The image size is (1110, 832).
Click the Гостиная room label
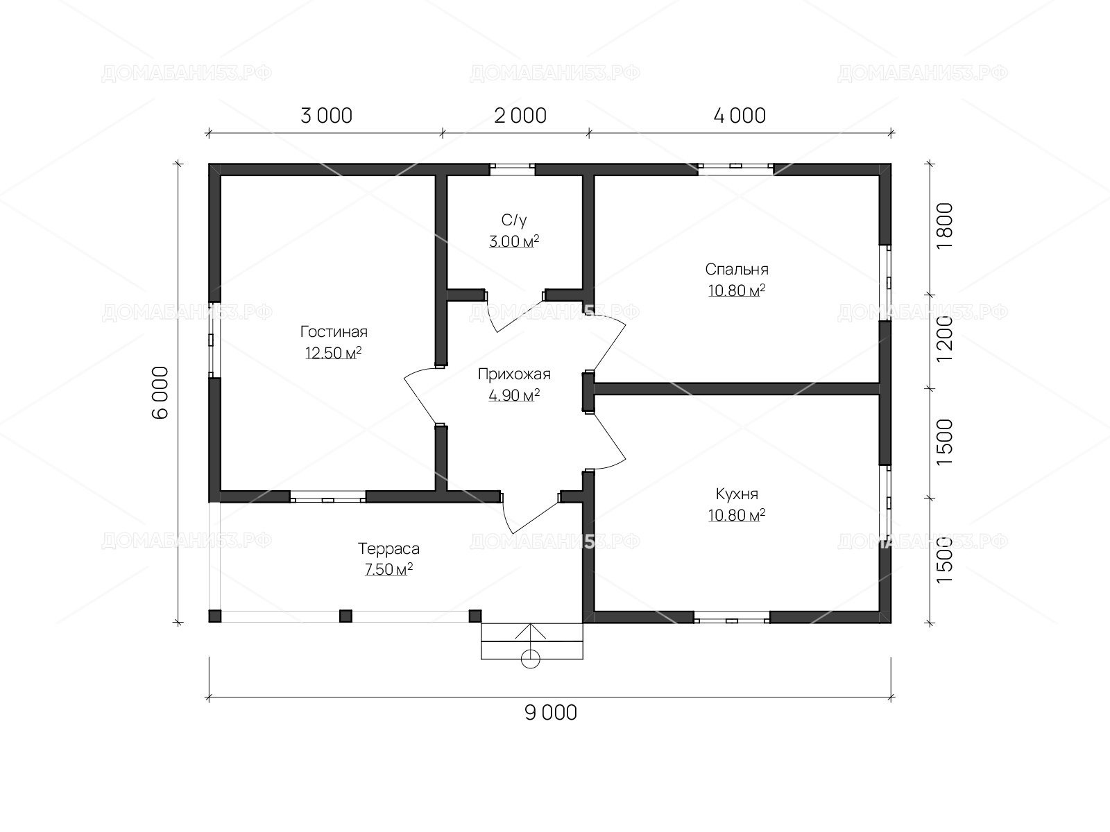pyautogui.click(x=334, y=332)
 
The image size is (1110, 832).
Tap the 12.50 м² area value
pyautogui.click(x=333, y=353)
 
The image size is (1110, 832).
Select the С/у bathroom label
pyautogui.click(x=514, y=220)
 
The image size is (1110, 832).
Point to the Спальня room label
pyautogui.click(x=737, y=269)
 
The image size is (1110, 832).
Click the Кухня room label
pyautogui.click(x=737, y=494)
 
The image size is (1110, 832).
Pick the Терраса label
pyautogui.click(x=388, y=548)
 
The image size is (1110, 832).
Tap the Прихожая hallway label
pyautogui.click(x=514, y=374)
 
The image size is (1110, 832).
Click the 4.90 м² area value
pyautogui.click(x=514, y=395)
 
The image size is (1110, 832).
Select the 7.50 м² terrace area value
pyautogui.click(x=388, y=569)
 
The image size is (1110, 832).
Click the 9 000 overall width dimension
pyautogui.click(x=551, y=713)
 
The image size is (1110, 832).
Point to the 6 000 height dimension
pyautogui.click(x=160, y=392)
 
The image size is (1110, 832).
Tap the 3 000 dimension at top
pyautogui.click(x=326, y=116)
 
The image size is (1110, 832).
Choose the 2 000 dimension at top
pyautogui.click(x=520, y=116)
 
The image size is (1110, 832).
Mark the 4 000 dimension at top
pyautogui.click(x=740, y=116)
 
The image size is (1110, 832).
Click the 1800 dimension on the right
pyautogui.click(x=944, y=226)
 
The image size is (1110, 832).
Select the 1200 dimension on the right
pyautogui.click(x=944, y=339)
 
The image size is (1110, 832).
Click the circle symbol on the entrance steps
pyautogui.click(x=531, y=659)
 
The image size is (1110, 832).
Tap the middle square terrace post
pyautogui.click(x=345, y=616)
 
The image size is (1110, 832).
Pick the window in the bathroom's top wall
pyautogui.click(x=512, y=169)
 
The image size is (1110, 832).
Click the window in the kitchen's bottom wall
pyautogui.click(x=731, y=617)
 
